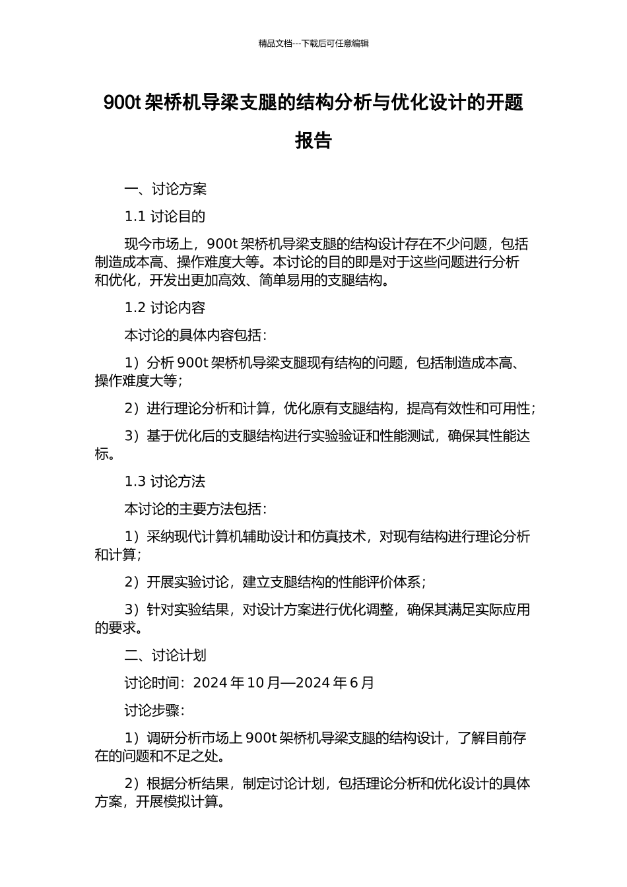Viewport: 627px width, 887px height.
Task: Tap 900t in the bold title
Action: click(122, 103)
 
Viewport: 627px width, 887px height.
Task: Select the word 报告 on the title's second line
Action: click(313, 141)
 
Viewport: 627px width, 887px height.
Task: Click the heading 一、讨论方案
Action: click(166, 189)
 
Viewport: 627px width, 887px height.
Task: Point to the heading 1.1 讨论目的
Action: click(165, 216)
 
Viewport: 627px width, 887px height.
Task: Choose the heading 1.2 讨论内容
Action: click(165, 308)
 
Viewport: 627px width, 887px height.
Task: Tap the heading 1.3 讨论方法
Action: click(165, 482)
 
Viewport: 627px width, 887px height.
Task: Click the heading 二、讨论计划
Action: click(166, 655)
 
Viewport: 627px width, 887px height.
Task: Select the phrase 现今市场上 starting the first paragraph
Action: click(158, 244)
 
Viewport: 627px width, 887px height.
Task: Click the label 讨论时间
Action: click(152, 682)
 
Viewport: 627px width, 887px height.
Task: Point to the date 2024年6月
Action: click(335, 682)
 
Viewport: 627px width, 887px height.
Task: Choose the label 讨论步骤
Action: click(152, 711)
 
